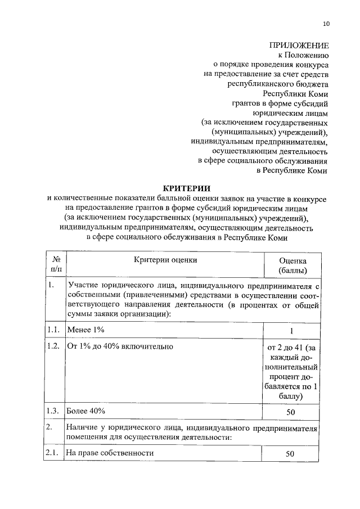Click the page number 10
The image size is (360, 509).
click(327, 24)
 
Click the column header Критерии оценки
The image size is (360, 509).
click(166, 260)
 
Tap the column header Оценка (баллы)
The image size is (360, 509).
click(292, 265)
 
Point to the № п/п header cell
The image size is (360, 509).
click(56, 265)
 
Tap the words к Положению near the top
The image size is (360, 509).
click(304, 55)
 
